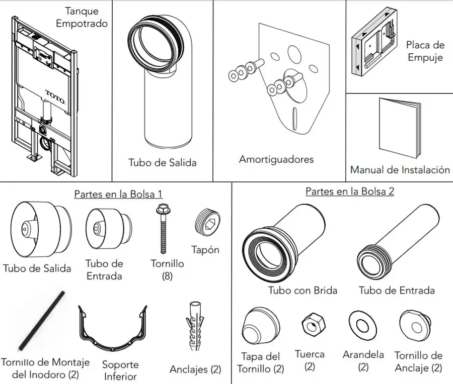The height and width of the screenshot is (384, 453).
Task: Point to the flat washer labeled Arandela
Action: (361, 325)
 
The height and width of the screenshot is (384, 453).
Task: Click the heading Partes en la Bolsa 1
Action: (118, 194)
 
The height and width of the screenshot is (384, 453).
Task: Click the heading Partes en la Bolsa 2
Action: (349, 191)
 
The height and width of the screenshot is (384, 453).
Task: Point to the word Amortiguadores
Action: (276, 159)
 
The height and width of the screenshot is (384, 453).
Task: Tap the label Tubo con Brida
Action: (302, 290)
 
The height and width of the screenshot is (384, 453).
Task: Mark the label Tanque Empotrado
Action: (82, 17)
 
